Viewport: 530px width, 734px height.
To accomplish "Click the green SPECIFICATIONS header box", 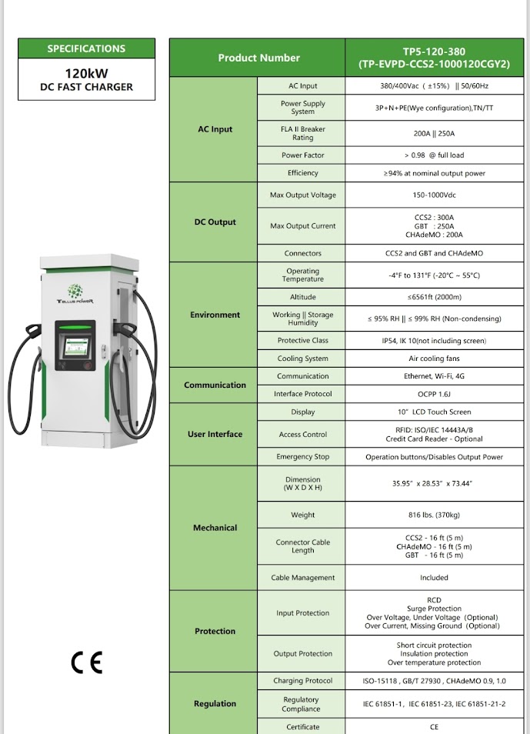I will pos(86,48).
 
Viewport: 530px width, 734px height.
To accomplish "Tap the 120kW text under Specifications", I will pos(86,73).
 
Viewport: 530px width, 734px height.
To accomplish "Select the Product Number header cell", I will pos(258,58).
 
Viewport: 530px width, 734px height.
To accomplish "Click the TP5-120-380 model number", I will pos(434,52).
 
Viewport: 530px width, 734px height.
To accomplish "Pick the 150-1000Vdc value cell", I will pos(434,195).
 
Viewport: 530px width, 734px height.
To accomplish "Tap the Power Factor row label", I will pos(303,155).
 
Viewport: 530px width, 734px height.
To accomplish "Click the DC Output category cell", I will pos(215,222).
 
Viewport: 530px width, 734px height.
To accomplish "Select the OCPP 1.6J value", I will pos(434,394).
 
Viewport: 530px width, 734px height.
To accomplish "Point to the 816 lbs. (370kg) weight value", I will pos(434,515).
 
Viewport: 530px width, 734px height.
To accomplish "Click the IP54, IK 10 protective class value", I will pos(434,340).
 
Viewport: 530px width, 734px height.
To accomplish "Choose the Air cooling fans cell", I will pos(434,359).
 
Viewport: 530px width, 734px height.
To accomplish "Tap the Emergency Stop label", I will pos(303,457).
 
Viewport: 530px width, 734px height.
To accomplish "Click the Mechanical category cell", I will pos(215,528).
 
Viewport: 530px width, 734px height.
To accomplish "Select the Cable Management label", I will pos(303,578).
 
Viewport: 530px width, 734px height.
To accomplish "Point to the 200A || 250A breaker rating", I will pos(434,134).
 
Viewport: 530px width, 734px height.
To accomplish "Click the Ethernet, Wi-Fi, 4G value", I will pos(434,376).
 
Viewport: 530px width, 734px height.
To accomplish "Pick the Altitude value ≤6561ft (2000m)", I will pos(434,297).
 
